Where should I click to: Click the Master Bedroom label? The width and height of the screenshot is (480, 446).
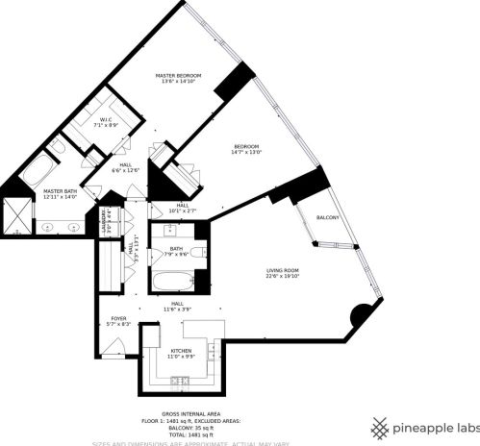(180, 74)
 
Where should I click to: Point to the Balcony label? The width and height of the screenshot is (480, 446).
(328, 218)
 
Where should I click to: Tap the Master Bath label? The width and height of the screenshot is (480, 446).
(59, 191)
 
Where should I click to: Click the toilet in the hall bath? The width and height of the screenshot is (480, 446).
(197, 252)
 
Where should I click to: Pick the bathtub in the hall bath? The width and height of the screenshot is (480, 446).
(172, 284)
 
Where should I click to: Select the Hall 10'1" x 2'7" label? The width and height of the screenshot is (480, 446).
(182, 207)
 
